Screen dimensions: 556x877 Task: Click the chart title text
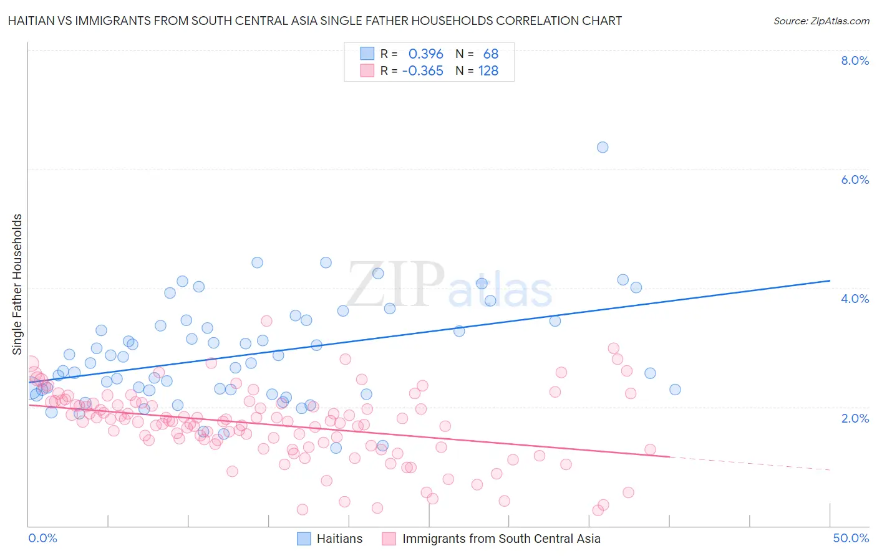click(315, 21)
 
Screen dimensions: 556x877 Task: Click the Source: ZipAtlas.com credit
click(821, 21)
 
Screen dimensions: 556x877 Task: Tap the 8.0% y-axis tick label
click(855, 60)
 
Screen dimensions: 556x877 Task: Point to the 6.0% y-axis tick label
click(855, 180)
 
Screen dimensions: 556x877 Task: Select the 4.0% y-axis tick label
click(855, 299)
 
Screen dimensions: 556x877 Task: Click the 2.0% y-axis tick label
click(855, 418)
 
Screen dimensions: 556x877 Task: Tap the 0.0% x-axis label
click(42, 538)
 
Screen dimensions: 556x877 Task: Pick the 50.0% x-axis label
click(850, 538)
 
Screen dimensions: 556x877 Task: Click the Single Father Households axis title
click(17, 284)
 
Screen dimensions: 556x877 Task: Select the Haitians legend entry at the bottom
click(339, 539)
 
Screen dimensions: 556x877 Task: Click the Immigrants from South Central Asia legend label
click(501, 539)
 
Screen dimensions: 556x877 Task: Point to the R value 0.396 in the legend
click(425, 54)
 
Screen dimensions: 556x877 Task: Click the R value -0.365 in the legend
click(422, 71)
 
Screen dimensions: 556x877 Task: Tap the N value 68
click(490, 54)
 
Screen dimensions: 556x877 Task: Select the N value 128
click(488, 71)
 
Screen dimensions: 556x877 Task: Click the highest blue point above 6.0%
click(603, 147)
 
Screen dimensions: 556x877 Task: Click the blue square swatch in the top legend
click(367, 54)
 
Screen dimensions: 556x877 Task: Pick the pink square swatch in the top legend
click(367, 70)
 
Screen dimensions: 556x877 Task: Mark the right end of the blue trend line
click(830, 280)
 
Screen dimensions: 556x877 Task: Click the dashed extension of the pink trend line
click(749, 463)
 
